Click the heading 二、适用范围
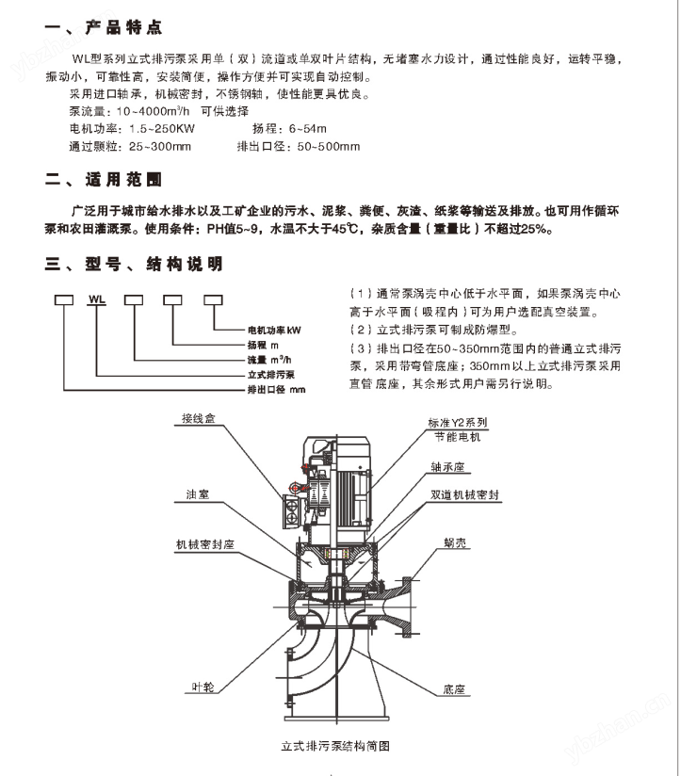pos(104,178)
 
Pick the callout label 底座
pos(455,689)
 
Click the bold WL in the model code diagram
pos(95,300)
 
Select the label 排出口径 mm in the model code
pos(276,388)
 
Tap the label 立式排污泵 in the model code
pos(272,374)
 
